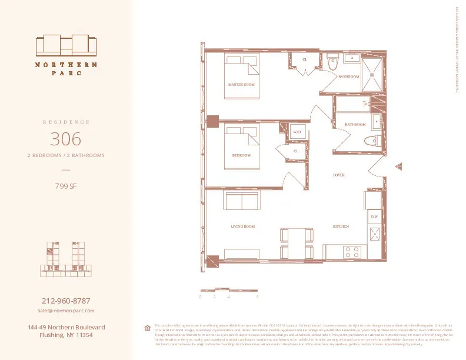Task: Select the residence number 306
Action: pyautogui.click(x=66, y=139)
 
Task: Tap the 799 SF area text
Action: pyautogui.click(x=66, y=186)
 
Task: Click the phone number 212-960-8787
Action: pyautogui.click(x=66, y=301)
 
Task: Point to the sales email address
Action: pyautogui.click(x=66, y=310)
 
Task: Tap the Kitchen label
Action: pyautogui.click(x=341, y=226)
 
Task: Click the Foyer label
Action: pyautogui.click(x=338, y=175)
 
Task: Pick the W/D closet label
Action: pyautogui.click(x=297, y=132)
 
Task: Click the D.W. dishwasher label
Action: pyautogui.click(x=374, y=217)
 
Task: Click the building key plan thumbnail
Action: pyautogui.click(x=66, y=259)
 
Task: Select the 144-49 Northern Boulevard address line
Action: pyautogui.click(x=66, y=326)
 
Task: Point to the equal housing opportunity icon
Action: pyautogui.click(x=147, y=328)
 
